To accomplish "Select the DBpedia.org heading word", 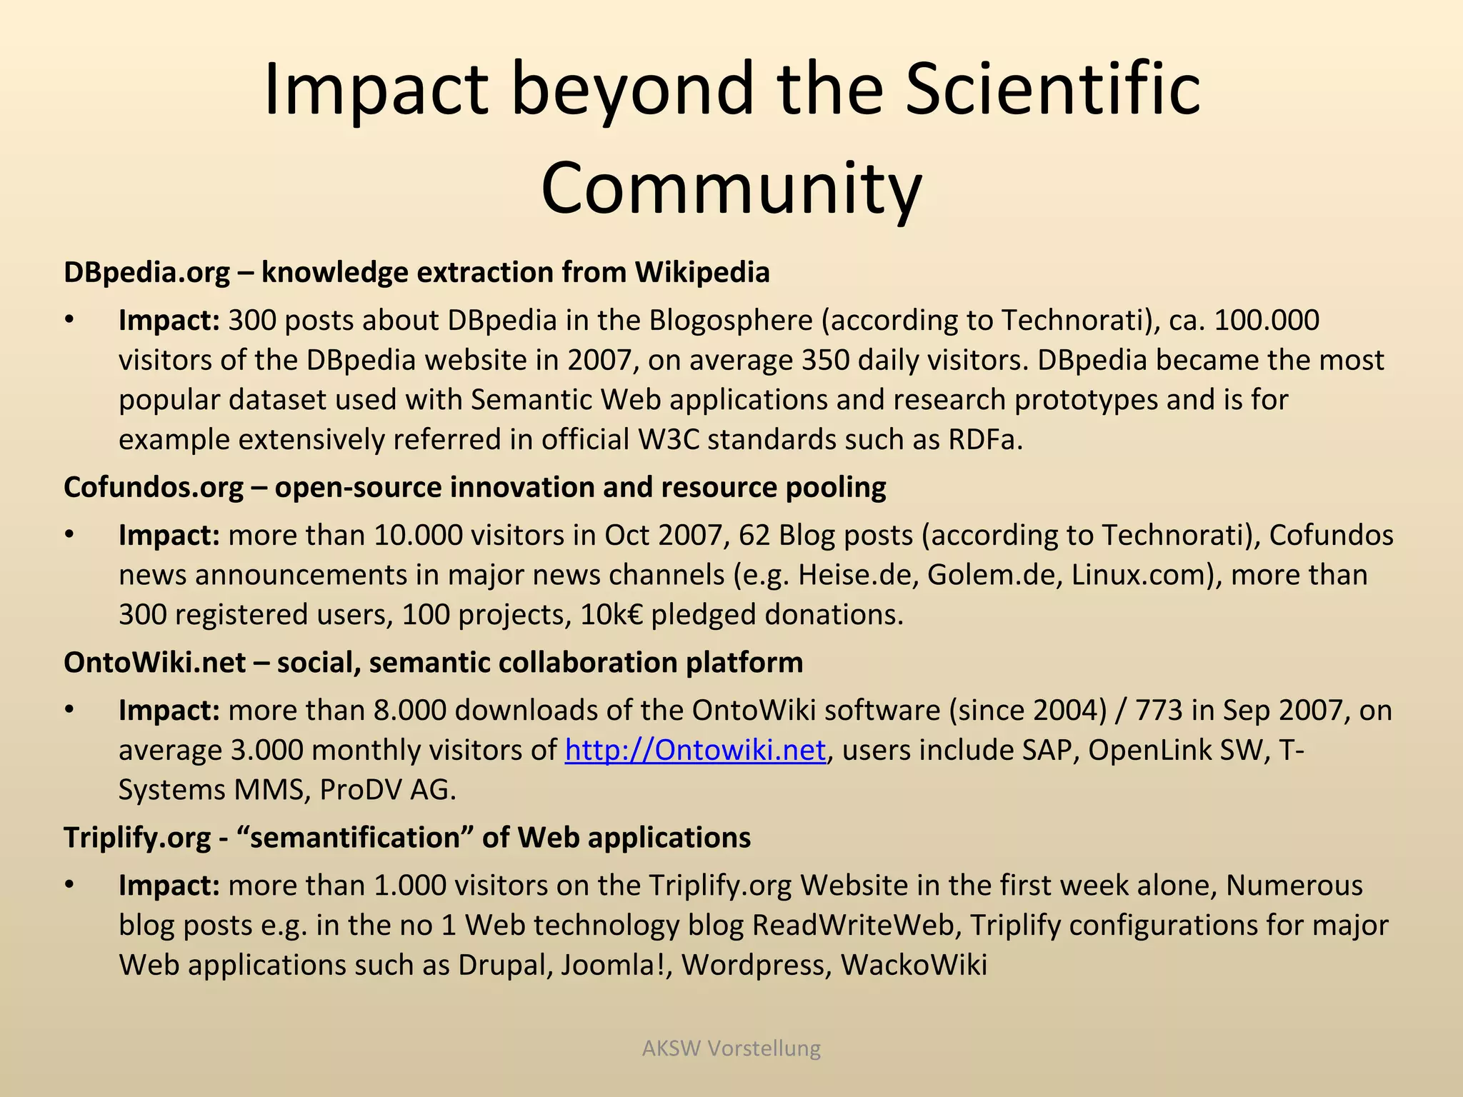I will pyautogui.click(x=146, y=273).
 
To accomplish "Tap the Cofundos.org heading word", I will pyautogui.click(x=153, y=487).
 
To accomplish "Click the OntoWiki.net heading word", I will pyautogui.click(x=154, y=663).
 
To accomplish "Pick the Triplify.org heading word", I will pyautogui.click(x=137, y=838).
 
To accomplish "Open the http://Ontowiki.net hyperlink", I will pyautogui.click(x=695, y=750).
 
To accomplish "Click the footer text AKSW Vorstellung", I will pyautogui.click(x=731, y=1048).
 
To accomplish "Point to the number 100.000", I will pyautogui.click(x=1266, y=320).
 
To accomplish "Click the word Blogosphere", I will pyautogui.click(x=730, y=320).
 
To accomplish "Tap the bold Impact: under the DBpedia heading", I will pyautogui.click(x=169, y=320).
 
